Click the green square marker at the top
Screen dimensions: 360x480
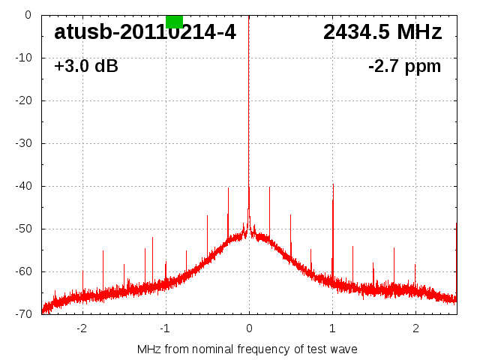point(174,21)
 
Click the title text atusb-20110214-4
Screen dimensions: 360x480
point(145,32)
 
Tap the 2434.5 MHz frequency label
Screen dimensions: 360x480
point(382,32)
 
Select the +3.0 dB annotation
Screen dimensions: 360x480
point(86,66)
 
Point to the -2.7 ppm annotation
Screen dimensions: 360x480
point(405,66)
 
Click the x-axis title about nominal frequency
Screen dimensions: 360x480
point(247,349)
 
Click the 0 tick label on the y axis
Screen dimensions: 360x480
point(28,15)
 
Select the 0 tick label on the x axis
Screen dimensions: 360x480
point(249,328)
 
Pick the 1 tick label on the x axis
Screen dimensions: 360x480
point(332,328)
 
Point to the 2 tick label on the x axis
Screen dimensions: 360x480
point(415,328)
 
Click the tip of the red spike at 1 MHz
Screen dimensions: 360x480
point(333,184)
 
